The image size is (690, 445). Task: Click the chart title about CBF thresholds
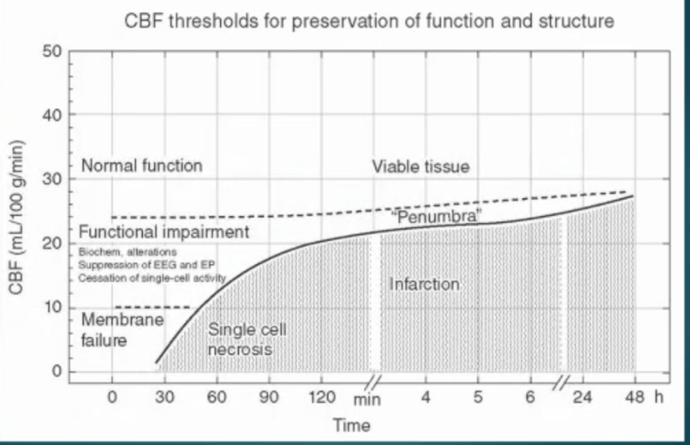click(x=370, y=22)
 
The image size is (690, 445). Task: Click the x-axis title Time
click(x=352, y=426)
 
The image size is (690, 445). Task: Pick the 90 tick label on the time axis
click(x=269, y=398)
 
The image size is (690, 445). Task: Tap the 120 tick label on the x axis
click(x=322, y=398)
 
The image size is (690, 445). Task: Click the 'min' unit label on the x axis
click(x=367, y=400)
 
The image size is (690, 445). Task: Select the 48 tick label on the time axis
click(x=634, y=398)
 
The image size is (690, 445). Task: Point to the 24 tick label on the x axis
click(x=582, y=398)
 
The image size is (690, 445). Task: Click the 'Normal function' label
click(x=142, y=166)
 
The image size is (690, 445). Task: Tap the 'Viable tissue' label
click(x=421, y=168)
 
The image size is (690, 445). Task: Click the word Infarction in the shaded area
click(x=425, y=284)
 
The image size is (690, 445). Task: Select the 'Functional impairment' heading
click(x=164, y=232)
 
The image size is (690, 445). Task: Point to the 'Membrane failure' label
click(x=122, y=329)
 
